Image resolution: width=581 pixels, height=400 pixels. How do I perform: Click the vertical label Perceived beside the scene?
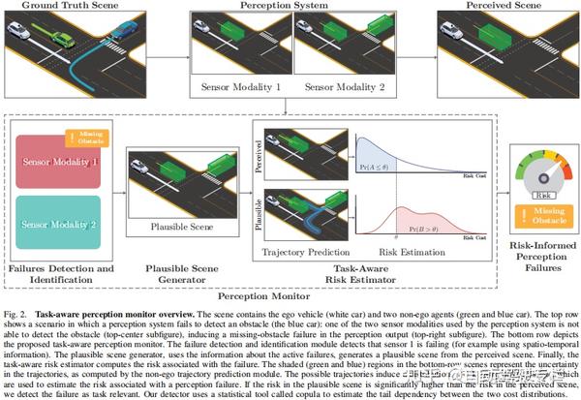click(x=258, y=154)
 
